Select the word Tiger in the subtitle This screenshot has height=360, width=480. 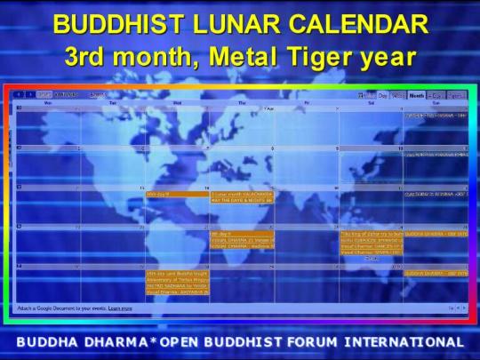coord(316,58)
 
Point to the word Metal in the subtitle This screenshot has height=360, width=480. coord(239,58)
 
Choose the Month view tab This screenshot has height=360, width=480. coord(417,94)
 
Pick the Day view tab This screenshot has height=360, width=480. coord(383,94)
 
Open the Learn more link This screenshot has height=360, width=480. coord(120,308)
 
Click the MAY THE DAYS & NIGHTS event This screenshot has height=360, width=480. coord(242,200)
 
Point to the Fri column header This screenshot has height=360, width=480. coord(307,102)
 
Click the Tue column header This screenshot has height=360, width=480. coord(113,102)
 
